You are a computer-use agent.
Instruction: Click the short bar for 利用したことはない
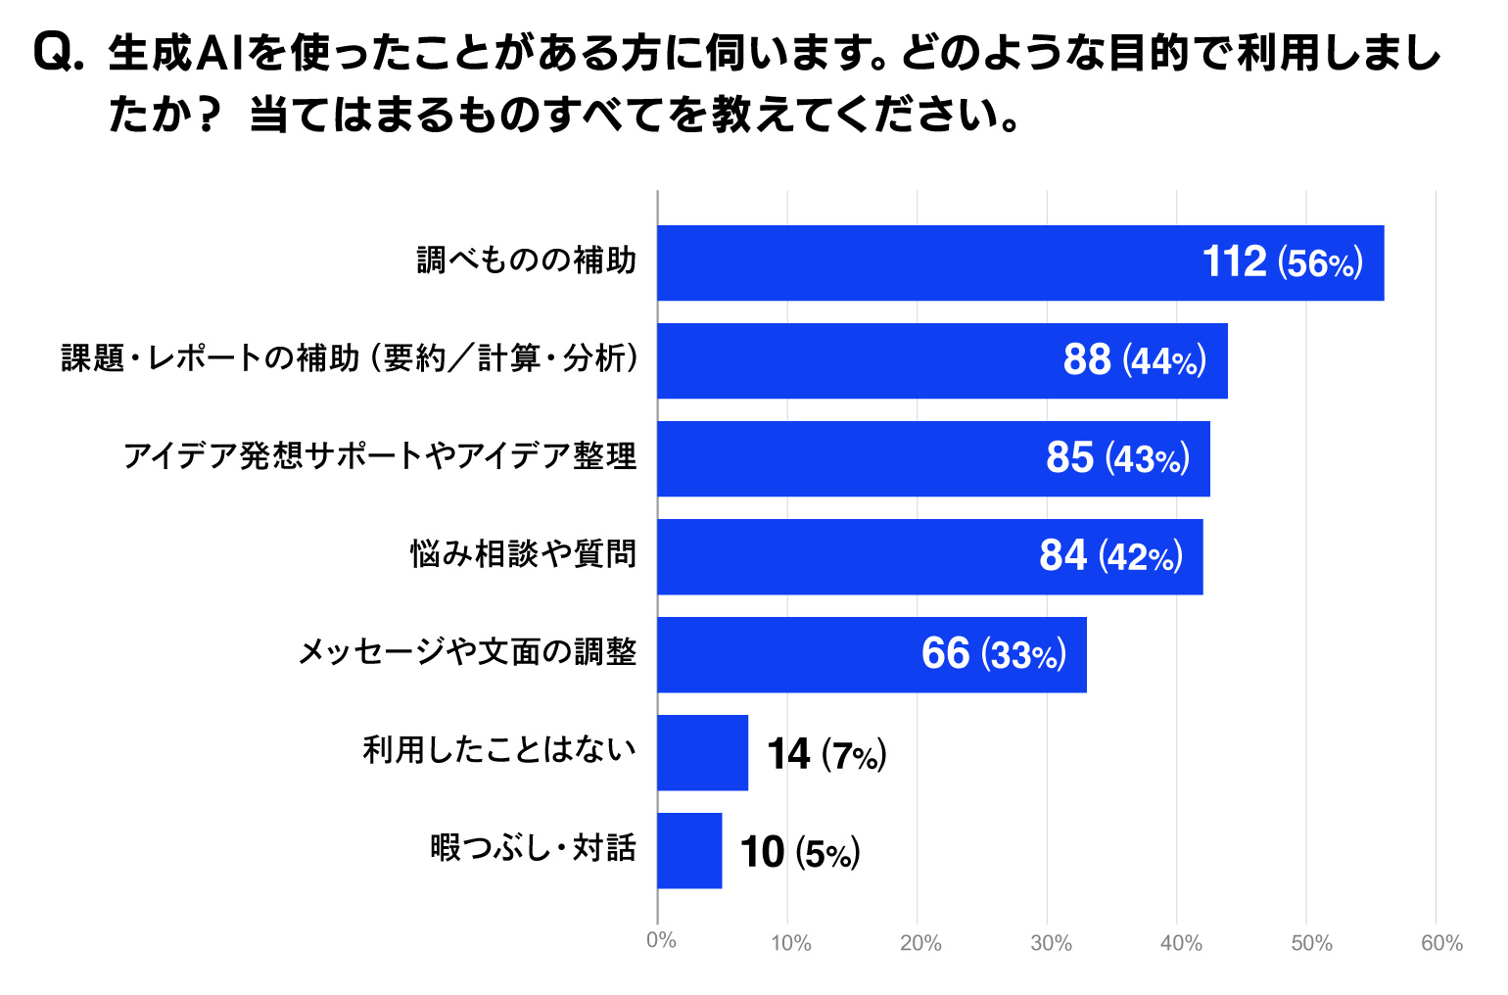(x=702, y=752)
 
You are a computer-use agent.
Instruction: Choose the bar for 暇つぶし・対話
(x=689, y=850)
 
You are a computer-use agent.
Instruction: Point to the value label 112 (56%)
(x=1282, y=262)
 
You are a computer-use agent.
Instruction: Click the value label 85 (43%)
(x=1117, y=458)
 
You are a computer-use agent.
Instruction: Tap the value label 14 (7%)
(x=826, y=754)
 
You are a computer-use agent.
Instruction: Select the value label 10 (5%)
(x=800, y=852)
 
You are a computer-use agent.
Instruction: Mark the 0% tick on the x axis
(x=661, y=941)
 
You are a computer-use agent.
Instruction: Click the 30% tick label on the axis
(x=1051, y=943)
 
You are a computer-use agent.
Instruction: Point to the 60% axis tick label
(x=1441, y=943)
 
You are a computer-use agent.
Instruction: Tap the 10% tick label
(x=790, y=943)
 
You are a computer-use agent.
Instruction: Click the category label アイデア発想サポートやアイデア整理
(x=380, y=456)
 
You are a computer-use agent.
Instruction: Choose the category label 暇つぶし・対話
(x=534, y=848)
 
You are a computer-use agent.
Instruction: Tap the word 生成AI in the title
(x=176, y=53)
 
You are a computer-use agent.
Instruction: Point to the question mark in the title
(x=207, y=116)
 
